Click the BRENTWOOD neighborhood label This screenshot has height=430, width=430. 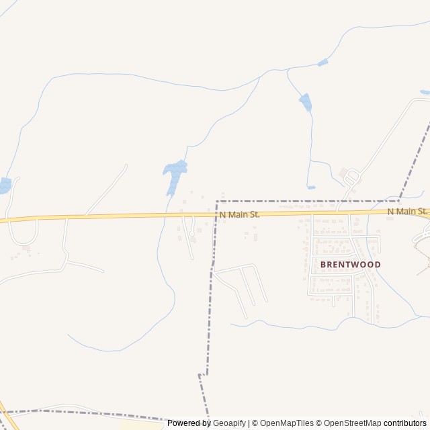(350, 265)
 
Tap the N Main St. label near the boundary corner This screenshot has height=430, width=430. (239, 214)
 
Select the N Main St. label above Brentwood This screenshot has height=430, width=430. (408, 212)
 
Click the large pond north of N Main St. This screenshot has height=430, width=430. (174, 173)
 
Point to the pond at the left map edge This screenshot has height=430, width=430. (4, 185)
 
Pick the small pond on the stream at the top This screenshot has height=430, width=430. (323, 62)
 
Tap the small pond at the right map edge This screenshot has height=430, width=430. (425, 92)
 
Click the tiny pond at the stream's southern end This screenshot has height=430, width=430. (311, 187)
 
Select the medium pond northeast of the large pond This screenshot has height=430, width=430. (306, 102)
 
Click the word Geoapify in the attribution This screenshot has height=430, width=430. (229, 423)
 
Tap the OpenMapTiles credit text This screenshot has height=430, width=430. (286, 423)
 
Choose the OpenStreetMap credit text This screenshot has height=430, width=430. (349, 423)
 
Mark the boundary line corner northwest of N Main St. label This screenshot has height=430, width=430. (217, 201)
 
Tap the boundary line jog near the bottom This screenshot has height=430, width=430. (201, 375)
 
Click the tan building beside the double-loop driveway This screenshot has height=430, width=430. (343, 172)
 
